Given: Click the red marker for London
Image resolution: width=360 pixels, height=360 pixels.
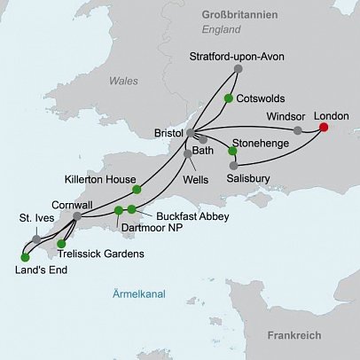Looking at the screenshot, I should pos(323,128).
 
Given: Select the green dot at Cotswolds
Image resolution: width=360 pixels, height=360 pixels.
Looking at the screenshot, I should pos(228,98).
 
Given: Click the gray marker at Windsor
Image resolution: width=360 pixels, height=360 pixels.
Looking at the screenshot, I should pos(297,130).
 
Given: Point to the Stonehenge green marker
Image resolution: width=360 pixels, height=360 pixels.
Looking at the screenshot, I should pos(232,151).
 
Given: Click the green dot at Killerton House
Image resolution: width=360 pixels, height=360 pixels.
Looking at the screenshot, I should pos(136,189).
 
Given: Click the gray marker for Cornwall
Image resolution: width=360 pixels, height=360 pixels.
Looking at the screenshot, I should pos(78,215).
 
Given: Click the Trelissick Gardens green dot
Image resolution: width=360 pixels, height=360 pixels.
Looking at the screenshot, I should pos(61,243).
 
